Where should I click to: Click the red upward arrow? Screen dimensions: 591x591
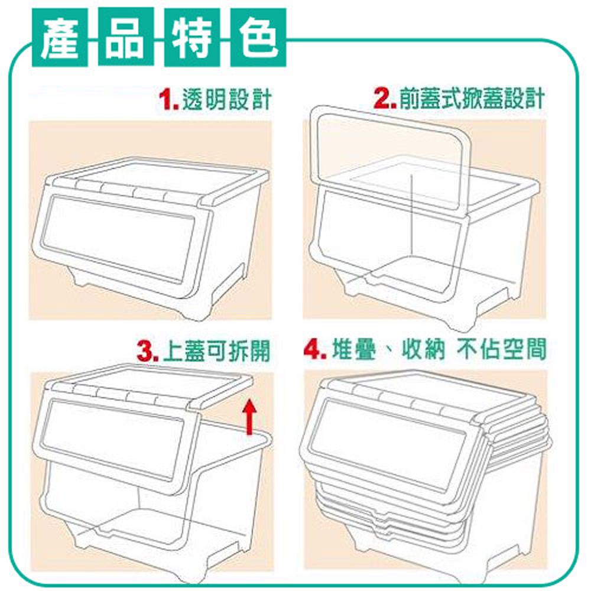pos(249,417)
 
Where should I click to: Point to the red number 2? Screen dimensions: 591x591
pos(385,99)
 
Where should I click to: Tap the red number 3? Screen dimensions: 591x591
pos(148,352)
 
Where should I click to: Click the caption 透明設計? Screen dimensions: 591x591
pos(227,99)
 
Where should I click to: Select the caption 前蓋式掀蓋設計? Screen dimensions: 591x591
pos(472,99)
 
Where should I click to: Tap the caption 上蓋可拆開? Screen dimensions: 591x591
pos(217,351)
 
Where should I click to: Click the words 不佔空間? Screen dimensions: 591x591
pos(501,349)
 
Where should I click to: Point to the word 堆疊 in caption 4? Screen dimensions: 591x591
pos(354,350)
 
